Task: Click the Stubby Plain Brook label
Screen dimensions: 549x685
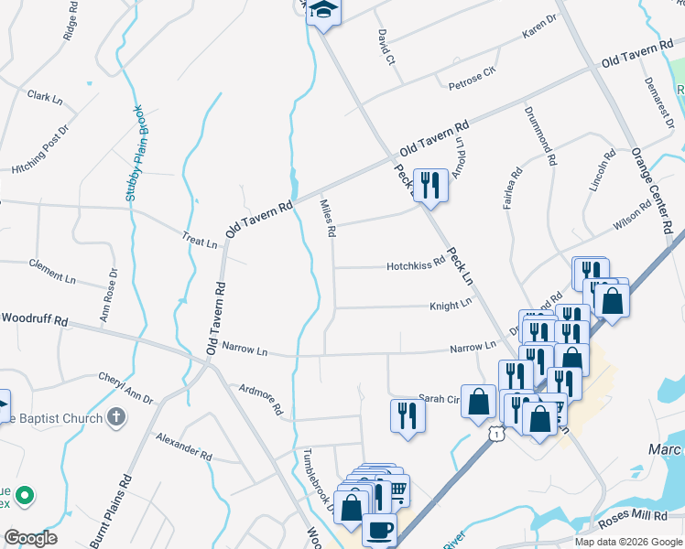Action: pos(136,153)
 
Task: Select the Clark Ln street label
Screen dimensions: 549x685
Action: pos(43,95)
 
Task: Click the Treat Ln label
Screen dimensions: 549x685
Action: pos(199,243)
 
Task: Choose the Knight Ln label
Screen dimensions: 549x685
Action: pos(451,304)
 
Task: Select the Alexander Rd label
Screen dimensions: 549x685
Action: pos(184,447)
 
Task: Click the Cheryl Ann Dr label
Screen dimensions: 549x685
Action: pos(125,388)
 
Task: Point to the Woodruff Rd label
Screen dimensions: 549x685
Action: pos(35,320)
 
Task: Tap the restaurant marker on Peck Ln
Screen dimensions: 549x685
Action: pos(429,185)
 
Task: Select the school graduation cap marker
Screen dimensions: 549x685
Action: pos(323,11)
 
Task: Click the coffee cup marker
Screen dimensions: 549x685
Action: pos(379,529)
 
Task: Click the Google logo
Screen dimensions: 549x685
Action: pos(30,538)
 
